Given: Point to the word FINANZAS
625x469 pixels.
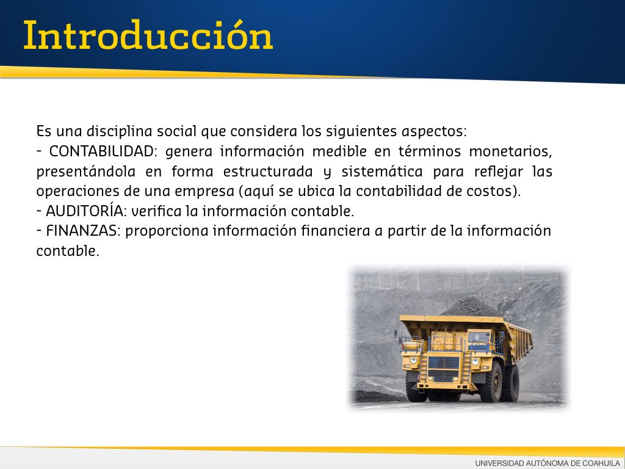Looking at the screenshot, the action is point(83,231).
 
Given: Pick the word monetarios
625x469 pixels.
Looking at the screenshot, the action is point(510,151).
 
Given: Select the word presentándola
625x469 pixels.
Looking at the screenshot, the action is point(85,172).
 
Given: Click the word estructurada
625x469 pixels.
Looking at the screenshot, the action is point(268,172).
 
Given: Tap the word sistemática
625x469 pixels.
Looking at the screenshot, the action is point(382,172).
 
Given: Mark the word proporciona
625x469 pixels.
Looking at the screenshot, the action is point(167,231).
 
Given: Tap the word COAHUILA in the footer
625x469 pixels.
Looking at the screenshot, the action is point(601,463).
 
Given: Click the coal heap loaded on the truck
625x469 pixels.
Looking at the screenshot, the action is point(472,307).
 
